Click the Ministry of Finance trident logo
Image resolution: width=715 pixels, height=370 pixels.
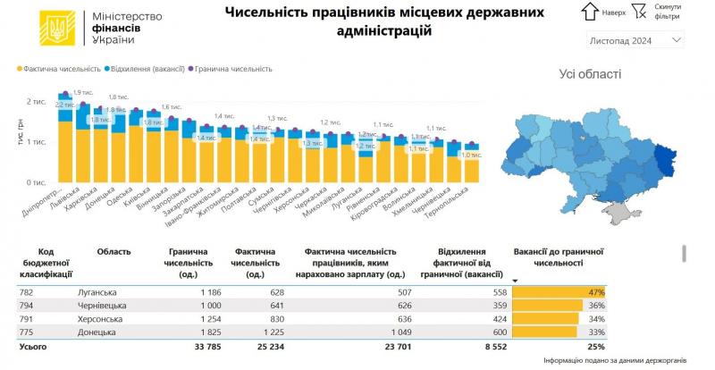[x=53, y=29]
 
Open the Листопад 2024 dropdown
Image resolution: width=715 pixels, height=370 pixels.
[x=635, y=41]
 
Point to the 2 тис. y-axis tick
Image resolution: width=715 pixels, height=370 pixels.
[x=38, y=101]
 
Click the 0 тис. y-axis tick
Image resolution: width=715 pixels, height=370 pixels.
[x=38, y=181]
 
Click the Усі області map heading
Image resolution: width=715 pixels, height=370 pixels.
[x=589, y=74]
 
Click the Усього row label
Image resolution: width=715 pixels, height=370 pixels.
[x=32, y=345]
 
